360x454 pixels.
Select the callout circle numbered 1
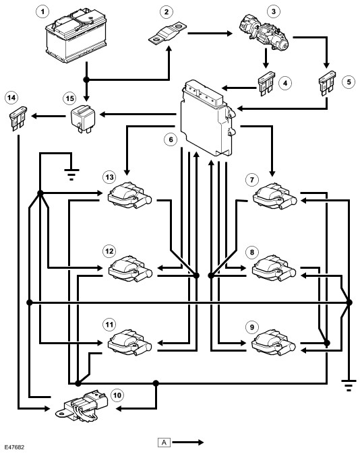(x=42, y=12)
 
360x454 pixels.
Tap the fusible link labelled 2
(x=168, y=34)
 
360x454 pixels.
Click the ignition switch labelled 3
(x=264, y=30)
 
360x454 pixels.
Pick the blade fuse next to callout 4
(x=266, y=84)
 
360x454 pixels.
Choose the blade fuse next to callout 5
(x=327, y=84)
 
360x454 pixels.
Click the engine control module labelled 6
(x=207, y=118)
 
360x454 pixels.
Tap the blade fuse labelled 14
(x=18, y=119)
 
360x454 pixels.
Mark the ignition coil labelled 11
(x=129, y=342)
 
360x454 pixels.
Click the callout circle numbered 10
(x=117, y=395)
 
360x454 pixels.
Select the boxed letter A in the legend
(x=164, y=443)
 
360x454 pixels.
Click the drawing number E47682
(x=14, y=447)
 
